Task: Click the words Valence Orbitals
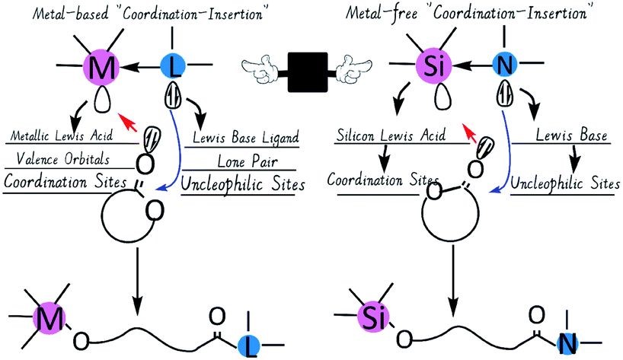(x=59, y=161)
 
